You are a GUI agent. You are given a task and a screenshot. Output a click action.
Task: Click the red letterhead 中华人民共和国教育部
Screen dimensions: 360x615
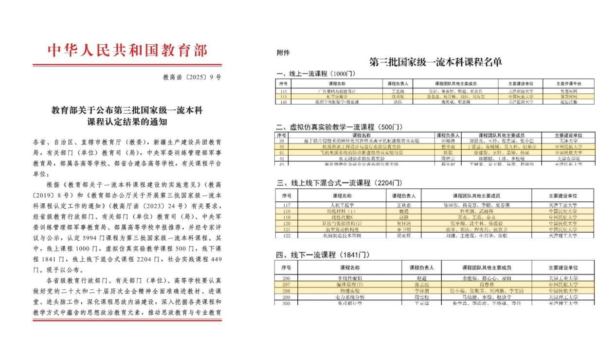(x=127, y=50)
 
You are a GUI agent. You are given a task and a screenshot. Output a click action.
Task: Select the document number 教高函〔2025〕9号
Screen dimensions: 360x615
(x=192, y=77)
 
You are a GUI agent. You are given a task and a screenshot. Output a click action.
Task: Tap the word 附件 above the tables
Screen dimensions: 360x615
(x=283, y=53)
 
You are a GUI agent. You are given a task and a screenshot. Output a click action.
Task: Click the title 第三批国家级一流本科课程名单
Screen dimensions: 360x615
(x=435, y=62)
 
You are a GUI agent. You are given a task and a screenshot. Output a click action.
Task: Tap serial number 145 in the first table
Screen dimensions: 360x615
(x=283, y=96)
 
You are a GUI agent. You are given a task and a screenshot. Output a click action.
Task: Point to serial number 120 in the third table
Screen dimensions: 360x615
(x=287, y=223)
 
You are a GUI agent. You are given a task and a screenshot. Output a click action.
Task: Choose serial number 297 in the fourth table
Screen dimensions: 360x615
(x=286, y=285)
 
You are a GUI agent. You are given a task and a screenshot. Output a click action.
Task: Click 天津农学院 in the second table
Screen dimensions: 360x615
(x=568, y=159)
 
